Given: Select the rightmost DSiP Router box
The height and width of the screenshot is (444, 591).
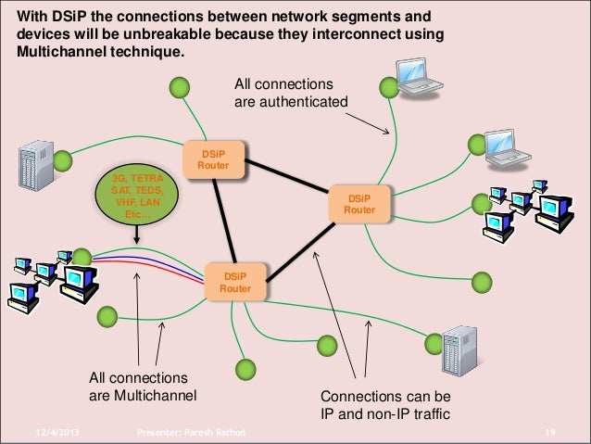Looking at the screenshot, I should point(359,203).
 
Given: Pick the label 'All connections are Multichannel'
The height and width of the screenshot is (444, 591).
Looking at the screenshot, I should point(143,388).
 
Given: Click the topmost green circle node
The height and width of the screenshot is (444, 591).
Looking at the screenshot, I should point(180,89).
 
